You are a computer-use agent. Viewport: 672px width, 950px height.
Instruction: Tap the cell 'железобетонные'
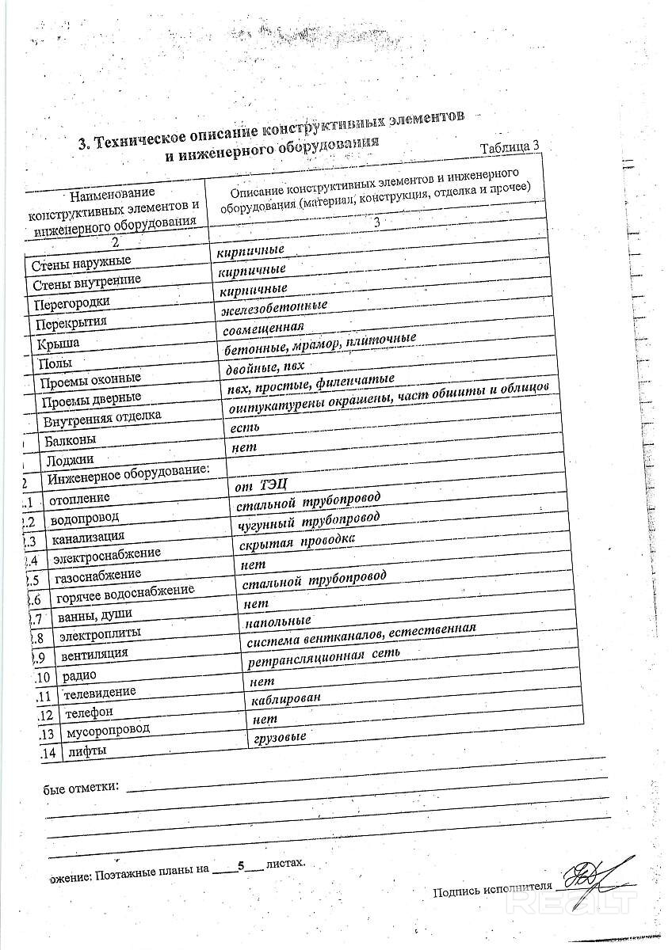pyautogui.click(x=275, y=306)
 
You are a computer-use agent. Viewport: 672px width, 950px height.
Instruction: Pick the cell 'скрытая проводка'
pyautogui.click(x=296, y=541)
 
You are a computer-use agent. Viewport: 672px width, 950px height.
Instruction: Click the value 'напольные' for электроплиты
pyautogui.click(x=277, y=620)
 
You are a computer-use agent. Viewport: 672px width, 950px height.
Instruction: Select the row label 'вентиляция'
pyautogui.click(x=88, y=654)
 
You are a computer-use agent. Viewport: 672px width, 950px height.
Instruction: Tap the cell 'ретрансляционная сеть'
pyautogui.click(x=323, y=656)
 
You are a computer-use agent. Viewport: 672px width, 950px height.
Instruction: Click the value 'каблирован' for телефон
pyautogui.click(x=285, y=700)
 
